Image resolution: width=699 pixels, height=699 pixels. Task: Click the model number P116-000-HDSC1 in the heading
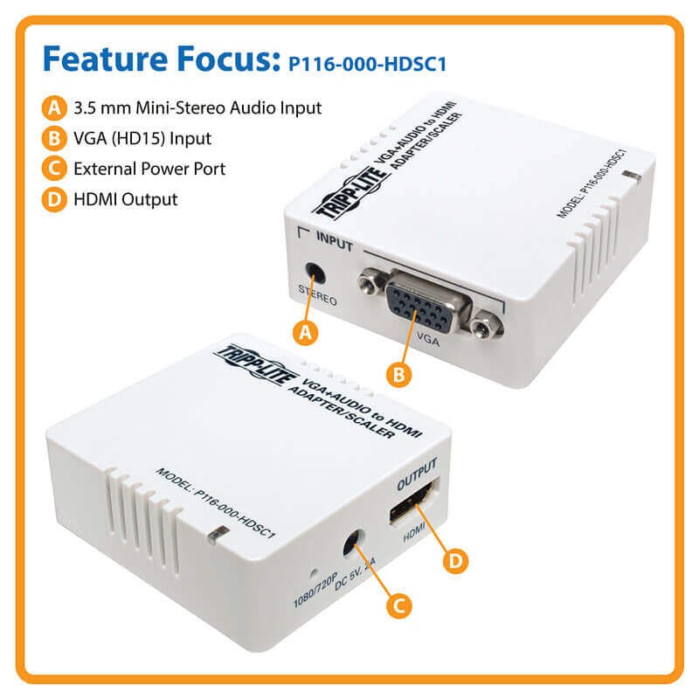click(x=367, y=64)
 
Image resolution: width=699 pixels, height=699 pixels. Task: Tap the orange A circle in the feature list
click(x=54, y=107)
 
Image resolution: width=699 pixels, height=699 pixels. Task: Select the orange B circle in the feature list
click(x=54, y=138)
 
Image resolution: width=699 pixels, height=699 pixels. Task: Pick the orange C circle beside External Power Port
click(x=54, y=169)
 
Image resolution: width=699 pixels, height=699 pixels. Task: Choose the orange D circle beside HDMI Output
click(x=54, y=199)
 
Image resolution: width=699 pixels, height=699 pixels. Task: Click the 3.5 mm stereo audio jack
click(x=315, y=273)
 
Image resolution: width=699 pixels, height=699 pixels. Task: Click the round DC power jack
click(x=354, y=542)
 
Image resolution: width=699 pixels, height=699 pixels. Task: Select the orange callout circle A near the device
click(x=305, y=333)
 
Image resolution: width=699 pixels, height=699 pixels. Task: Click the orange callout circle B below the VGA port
click(x=399, y=375)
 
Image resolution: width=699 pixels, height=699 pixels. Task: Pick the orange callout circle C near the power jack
click(x=399, y=606)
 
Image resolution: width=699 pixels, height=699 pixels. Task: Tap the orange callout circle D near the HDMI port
click(x=455, y=561)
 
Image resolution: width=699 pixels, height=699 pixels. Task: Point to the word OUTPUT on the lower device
click(x=417, y=474)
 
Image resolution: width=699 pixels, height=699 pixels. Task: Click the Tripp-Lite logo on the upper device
click(x=350, y=192)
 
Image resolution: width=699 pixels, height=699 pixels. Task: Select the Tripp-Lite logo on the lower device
click(x=257, y=364)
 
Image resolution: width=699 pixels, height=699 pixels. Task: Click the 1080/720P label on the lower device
click(x=315, y=590)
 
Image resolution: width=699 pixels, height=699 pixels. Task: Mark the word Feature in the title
click(x=105, y=59)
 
